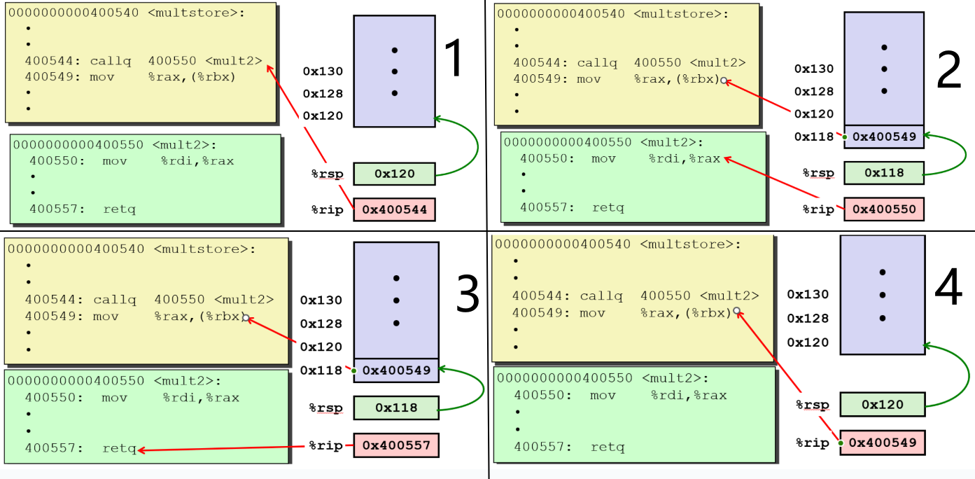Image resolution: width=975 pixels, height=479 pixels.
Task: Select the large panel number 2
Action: [x=949, y=70]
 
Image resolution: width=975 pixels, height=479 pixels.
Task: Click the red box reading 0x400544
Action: [x=394, y=209]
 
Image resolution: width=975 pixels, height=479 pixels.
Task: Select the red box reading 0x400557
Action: [x=396, y=445]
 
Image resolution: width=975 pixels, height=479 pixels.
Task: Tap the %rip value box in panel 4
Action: [x=882, y=442]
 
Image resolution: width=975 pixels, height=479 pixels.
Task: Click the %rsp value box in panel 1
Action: [x=394, y=174]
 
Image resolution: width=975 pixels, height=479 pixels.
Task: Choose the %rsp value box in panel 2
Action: [x=883, y=172]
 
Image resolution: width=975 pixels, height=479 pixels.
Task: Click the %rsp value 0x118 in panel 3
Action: [x=395, y=408]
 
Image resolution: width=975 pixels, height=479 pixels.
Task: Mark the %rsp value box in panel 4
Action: [x=882, y=404]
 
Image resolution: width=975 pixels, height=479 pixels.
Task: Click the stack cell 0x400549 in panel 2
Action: [x=883, y=137]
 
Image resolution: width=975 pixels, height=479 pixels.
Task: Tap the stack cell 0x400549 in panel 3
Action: [x=395, y=370]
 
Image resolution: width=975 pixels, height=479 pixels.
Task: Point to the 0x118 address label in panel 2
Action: [x=814, y=137]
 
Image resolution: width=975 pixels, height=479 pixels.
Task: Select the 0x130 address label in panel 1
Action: [x=323, y=71]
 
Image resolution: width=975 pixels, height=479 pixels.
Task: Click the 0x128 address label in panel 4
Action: [x=808, y=319]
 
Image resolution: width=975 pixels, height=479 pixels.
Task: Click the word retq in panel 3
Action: [x=119, y=448]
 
